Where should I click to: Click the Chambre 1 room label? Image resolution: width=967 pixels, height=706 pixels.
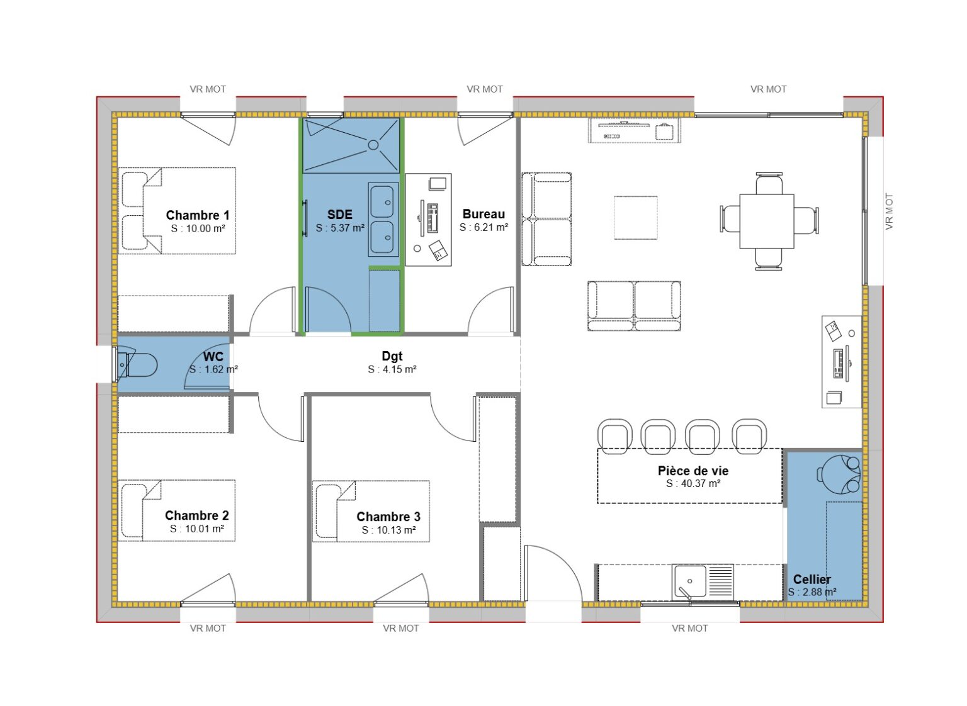(198, 215)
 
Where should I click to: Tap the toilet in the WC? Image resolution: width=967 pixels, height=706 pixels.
(139, 364)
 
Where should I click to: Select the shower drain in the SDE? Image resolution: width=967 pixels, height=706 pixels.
(373, 145)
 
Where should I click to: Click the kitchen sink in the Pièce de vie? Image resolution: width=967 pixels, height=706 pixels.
(689, 581)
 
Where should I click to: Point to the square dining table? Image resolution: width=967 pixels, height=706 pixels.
(766, 221)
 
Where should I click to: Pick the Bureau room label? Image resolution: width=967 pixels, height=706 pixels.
(483, 214)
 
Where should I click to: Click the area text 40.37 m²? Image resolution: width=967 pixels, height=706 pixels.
(693, 483)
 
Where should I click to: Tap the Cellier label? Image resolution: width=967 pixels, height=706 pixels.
(811, 579)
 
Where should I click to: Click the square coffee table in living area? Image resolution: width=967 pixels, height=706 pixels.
(636, 218)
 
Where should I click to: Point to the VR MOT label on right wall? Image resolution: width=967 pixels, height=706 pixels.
(889, 211)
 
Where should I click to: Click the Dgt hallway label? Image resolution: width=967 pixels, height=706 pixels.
(392, 356)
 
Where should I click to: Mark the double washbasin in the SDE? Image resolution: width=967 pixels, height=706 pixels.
(383, 220)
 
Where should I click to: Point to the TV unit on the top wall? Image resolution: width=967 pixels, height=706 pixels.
(635, 131)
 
